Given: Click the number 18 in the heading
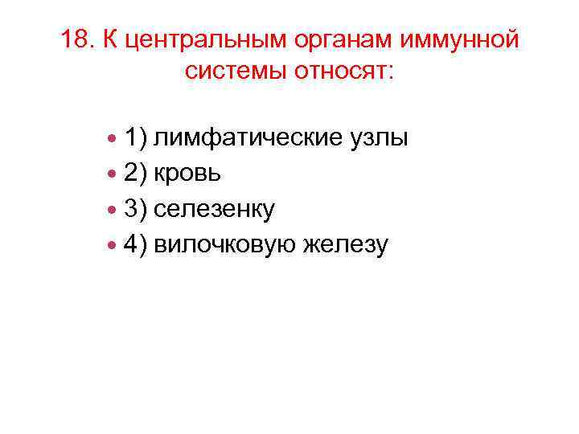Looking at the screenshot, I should [76, 40].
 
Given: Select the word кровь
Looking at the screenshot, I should [189, 174].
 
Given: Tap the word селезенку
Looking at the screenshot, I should [215, 209].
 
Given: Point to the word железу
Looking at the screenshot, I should [344, 244].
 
